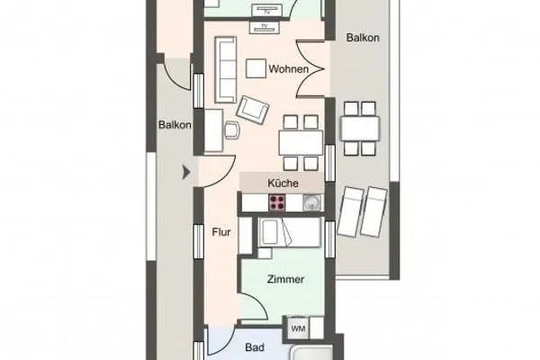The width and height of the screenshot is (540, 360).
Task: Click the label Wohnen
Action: [x=294, y=69]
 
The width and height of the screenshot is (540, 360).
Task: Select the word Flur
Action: [x=221, y=233]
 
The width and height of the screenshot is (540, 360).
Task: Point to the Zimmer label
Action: [x=285, y=280]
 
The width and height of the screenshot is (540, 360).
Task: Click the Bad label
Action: [x=256, y=345]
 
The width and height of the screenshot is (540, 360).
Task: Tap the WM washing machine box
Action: [x=298, y=328]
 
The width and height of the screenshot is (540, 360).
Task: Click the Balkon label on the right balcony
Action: [x=364, y=39]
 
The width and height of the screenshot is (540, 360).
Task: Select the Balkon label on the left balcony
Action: [x=175, y=125]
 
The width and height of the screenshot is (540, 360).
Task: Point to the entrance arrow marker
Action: [x=186, y=171]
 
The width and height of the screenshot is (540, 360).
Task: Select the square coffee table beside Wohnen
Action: [x=256, y=67]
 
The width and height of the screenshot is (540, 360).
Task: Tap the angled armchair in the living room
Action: [x=253, y=110]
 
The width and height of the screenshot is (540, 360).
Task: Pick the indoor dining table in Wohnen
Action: [x=300, y=141]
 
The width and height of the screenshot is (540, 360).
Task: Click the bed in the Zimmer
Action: [x=288, y=235]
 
